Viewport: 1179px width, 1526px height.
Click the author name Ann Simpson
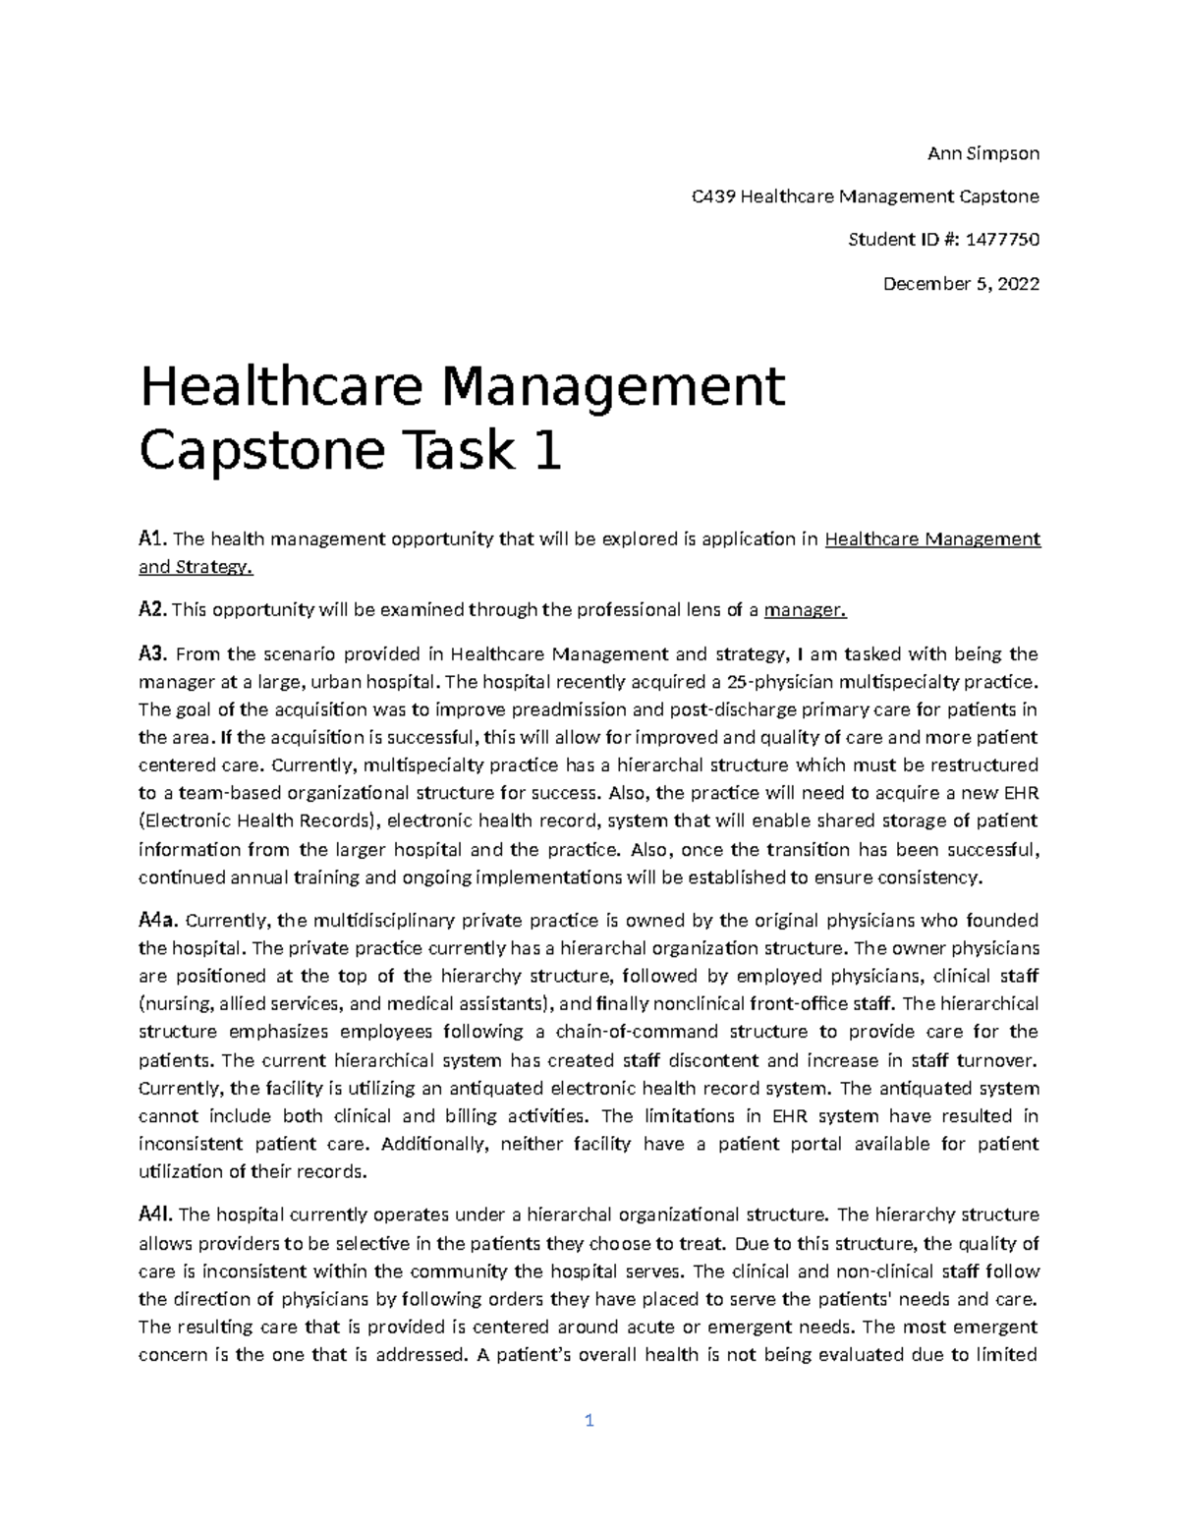coord(983,153)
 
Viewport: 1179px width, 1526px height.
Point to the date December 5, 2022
coord(961,284)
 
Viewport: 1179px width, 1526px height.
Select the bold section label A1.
coord(152,538)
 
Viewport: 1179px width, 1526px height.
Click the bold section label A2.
coord(152,610)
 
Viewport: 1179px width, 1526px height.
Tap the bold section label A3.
coord(153,654)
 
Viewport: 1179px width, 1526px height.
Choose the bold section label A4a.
coord(157,921)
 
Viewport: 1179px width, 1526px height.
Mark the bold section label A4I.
coord(155,1215)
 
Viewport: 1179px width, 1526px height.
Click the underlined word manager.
coord(805,610)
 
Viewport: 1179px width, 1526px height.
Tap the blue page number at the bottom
coord(589,1421)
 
